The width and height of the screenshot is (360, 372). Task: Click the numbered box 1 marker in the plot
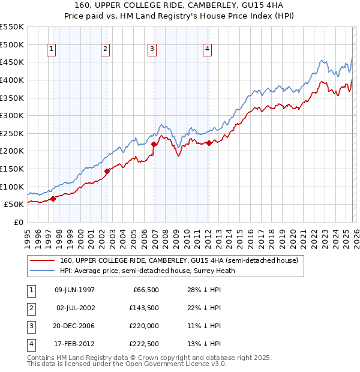click(x=52, y=50)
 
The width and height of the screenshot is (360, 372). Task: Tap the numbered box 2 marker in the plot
click(x=105, y=50)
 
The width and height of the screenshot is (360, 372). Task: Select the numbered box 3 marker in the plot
click(x=152, y=50)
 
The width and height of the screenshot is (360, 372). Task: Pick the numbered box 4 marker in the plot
click(x=207, y=50)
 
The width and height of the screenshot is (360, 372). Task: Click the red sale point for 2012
click(x=209, y=143)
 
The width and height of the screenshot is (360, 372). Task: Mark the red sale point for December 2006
click(x=154, y=144)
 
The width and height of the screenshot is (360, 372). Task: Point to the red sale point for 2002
click(x=107, y=171)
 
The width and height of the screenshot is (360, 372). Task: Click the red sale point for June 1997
click(x=53, y=199)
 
